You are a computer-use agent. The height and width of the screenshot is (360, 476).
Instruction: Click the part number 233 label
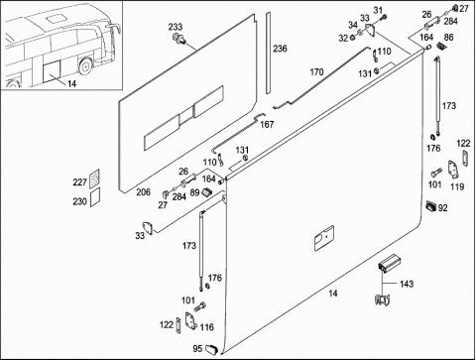click(x=176, y=27)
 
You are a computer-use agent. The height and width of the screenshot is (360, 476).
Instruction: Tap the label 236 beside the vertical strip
click(x=280, y=49)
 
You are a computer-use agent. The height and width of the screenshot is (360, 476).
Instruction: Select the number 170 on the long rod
click(x=316, y=72)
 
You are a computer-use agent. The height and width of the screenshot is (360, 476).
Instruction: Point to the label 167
click(x=267, y=125)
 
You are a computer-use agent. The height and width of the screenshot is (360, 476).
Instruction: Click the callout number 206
click(x=143, y=192)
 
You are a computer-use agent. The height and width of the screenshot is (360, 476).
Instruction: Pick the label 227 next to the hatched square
click(x=79, y=182)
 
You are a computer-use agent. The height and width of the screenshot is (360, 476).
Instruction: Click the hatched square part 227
click(x=94, y=179)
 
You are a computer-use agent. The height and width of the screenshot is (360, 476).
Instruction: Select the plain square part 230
click(x=95, y=197)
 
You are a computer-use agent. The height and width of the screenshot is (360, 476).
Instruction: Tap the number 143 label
click(x=407, y=284)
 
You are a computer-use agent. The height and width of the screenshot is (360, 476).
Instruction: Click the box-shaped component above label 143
click(x=389, y=263)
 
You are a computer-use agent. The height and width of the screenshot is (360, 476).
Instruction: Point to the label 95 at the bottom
click(x=197, y=349)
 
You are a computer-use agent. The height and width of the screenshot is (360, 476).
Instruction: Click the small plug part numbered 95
click(x=211, y=349)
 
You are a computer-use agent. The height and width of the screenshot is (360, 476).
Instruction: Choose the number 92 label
click(x=442, y=208)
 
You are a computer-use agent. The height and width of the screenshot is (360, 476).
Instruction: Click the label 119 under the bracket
click(x=457, y=186)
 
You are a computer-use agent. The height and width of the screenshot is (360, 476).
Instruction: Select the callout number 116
click(x=206, y=327)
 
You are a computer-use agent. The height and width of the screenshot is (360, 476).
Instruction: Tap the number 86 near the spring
click(x=448, y=38)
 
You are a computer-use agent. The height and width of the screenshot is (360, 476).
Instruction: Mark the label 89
click(x=194, y=192)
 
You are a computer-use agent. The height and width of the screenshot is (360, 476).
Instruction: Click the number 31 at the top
click(x=378, y=10)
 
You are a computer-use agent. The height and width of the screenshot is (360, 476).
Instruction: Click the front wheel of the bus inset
click(x=86, y=65)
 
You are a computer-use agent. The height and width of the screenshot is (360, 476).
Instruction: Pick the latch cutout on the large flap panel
click(x=323, y=238)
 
